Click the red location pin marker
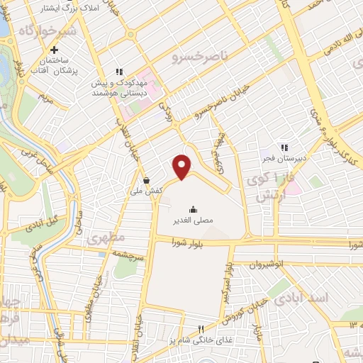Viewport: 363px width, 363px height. (x=182, y=167)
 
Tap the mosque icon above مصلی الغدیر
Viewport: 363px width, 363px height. (x=193, y=209)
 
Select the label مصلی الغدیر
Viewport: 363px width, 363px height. (x=193, y=221)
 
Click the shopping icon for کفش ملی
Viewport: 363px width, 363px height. (x=146, y=180)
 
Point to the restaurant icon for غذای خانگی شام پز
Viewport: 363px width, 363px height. (x=201, y=329)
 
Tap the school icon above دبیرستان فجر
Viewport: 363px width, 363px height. (x=284, y=147)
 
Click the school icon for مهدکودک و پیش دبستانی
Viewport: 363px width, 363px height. (x=119, y=72)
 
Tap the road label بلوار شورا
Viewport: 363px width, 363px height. (x=186, y=243)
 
